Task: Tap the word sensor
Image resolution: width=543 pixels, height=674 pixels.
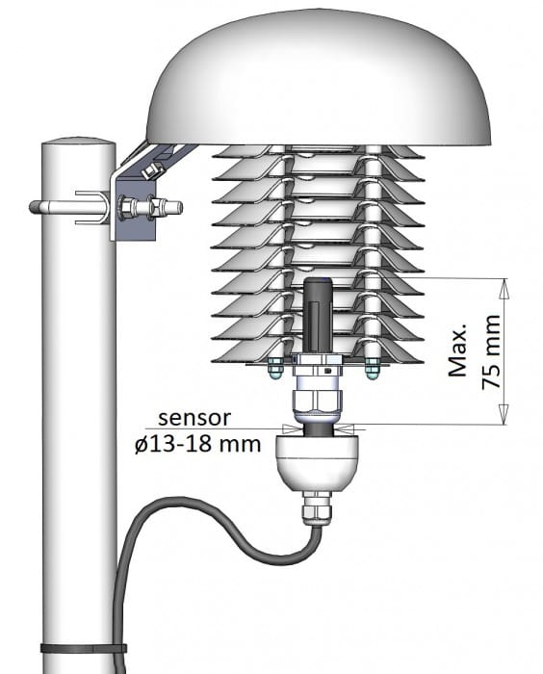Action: (x=195, y=418)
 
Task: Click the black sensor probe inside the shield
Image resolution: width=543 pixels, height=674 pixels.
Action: (x=319, y=313)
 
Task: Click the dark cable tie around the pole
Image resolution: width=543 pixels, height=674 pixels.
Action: (x=83, y=647)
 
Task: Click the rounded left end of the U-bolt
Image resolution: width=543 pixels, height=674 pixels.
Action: (x=35, y=206)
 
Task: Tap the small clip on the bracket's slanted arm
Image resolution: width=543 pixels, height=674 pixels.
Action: (x=149, y=169)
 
